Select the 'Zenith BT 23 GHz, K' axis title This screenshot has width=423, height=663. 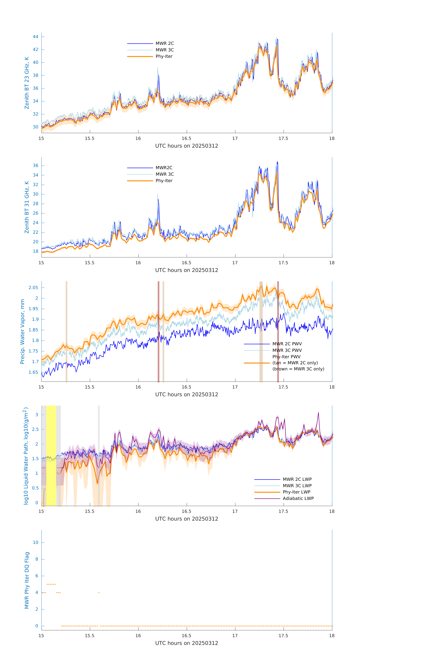(x=27, y=83)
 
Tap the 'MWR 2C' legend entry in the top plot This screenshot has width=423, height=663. (x=165, y=44)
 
